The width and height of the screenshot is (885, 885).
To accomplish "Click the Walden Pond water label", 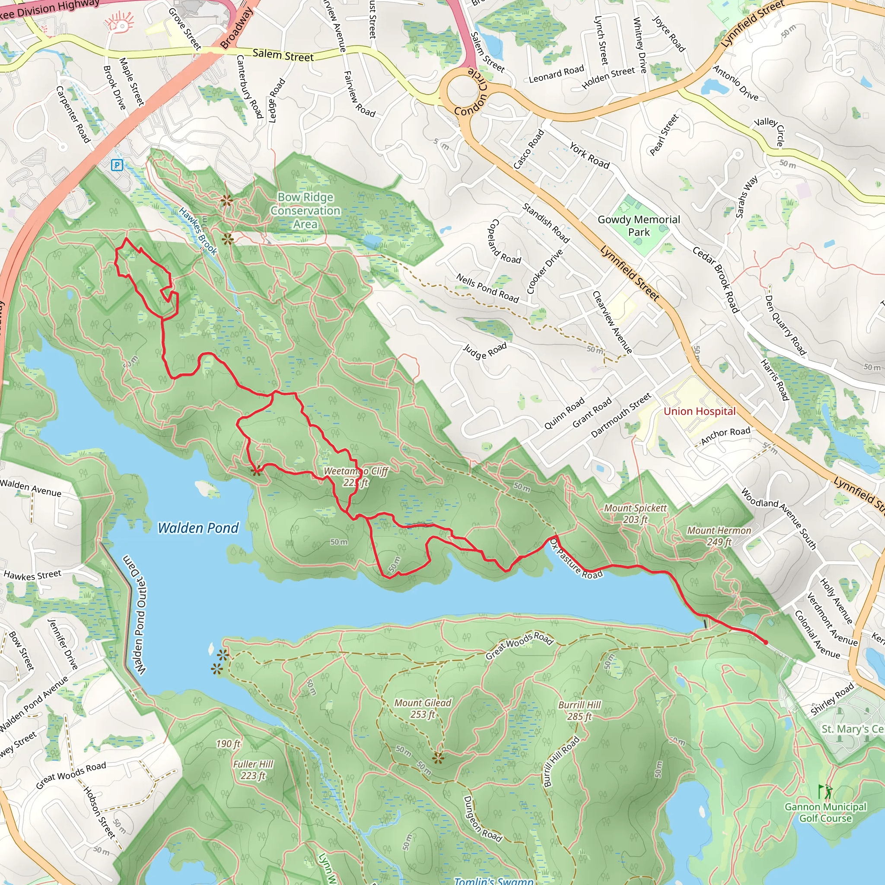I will pos(198,528).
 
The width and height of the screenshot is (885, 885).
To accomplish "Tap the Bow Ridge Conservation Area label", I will pos(306,210).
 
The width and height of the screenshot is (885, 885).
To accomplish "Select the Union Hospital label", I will pos(699,411).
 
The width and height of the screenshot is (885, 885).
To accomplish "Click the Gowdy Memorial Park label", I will pos(639,226).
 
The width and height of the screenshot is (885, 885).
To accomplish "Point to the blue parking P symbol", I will pos(117,165).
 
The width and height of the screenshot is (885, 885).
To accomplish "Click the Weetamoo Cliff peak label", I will pos(356,476).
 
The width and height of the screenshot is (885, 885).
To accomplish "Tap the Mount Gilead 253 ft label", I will pos(422,708).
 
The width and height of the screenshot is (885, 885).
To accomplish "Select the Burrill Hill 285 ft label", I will pos(579,710).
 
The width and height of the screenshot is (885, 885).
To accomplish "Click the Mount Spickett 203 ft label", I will pos(635,513).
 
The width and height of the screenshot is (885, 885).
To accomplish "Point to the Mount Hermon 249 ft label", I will pos(719,536).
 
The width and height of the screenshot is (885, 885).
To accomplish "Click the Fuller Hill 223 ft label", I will pos(253,770).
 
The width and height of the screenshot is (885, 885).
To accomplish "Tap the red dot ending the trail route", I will pos(765,642).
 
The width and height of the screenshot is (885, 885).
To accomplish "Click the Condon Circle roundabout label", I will pos(472,92).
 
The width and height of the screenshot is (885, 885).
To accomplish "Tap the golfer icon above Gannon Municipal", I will pos(825,791).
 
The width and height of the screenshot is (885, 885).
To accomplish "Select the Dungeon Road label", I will pos(482,818).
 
